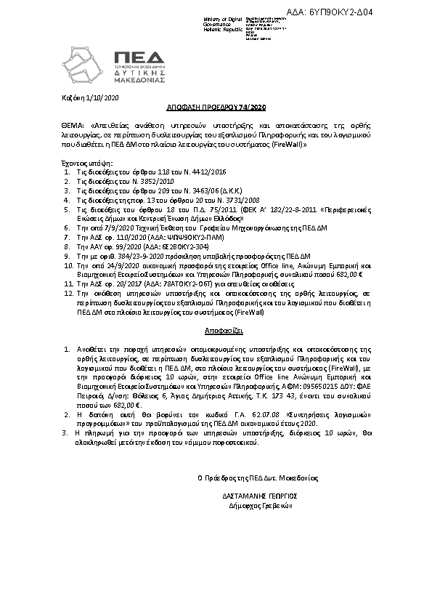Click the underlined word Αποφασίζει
point(216,329)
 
